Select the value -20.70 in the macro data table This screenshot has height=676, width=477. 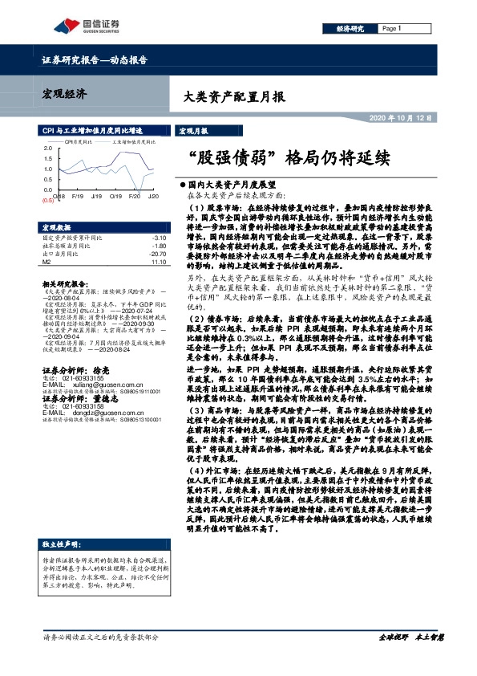coord(157,254)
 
